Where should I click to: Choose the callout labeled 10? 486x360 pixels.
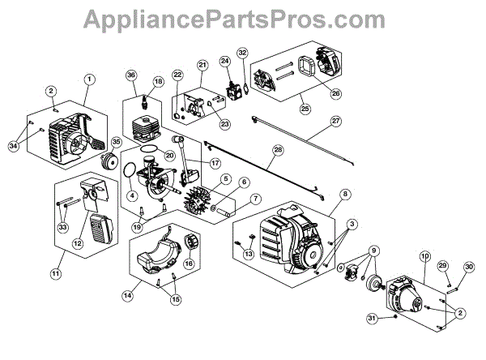coord(424,256)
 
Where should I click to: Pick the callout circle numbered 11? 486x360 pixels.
coord(55,274)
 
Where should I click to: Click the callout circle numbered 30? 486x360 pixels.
coord(468,267)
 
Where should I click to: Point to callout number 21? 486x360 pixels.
coord(202,65)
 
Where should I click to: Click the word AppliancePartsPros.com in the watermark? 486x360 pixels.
coord(242,19)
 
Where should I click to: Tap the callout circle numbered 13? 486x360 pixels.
coord(248,253)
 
